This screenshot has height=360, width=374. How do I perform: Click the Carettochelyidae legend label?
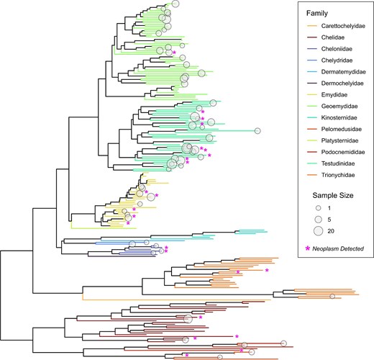(x=343, y=26)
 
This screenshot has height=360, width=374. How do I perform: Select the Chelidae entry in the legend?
(x=333, y=37)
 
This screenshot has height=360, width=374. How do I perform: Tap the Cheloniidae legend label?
(x=337, y=49)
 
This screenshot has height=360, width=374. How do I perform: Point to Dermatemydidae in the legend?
(x=343, y=72)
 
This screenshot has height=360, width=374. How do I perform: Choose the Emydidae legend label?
(x=334, y=95)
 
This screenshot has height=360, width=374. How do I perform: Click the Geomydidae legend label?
(x=339, y=106)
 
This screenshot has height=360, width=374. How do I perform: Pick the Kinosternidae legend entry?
(x=339, y=117)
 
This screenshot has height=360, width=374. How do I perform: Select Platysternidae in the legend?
(x=339, y=140)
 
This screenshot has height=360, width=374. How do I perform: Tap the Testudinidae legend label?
(x=338, y=163)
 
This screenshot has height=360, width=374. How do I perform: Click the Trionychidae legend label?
(x=338, y=175)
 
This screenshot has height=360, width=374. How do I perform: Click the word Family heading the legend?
(x=317, y=14)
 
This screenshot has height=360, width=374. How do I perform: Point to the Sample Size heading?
(x=333, y=195)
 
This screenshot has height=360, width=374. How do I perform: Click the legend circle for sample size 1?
(x=318, y=208)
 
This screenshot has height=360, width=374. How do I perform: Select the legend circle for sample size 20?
(x=318, y=231)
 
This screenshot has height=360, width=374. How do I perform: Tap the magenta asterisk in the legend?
(x=308, y=248)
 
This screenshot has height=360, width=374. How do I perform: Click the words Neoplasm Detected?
(x=338, y=249)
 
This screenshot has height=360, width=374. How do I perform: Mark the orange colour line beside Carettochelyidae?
(x=312, y=26)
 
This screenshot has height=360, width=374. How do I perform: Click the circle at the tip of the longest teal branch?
(x=257, y=131)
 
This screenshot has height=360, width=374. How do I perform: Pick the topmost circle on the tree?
(x=175, y=4)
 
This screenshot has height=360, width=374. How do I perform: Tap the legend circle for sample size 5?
(x=318, y=220)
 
